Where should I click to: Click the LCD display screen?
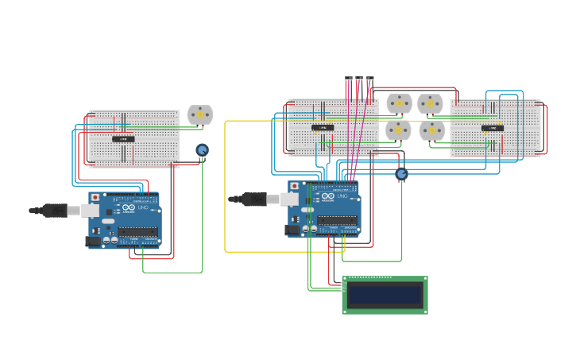(385, 295)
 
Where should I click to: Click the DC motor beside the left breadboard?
(200, 115)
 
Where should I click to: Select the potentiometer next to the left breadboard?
(202, 149)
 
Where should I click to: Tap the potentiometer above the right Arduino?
(401, 173)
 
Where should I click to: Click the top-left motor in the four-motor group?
(399, 103)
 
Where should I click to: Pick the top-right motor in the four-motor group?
(430, 103)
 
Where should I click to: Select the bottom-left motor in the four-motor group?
(398, 130)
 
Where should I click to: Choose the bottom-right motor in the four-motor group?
(431, 130)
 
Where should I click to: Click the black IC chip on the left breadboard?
(123, 139)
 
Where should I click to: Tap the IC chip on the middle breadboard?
(322, 127)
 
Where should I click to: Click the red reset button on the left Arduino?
(95, 197)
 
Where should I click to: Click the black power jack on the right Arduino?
(292, 229)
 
